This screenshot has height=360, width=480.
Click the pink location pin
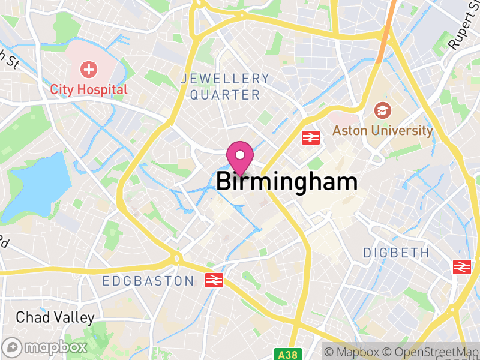pyautogui.click(x=240, y=157)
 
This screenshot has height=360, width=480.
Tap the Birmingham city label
pyautogui.click(x=287, y=181)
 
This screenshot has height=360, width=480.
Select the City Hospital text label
pyautogui.click(x=89, y=90)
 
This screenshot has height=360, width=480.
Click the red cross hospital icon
pyautogui.click(x=89, y=70)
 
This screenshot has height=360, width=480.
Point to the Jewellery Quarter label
pyautogui.click(x=225, y=86)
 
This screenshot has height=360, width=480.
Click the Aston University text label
pyautogui.click(x=382, y=130)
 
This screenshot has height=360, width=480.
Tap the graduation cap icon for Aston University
pyautogui.click(x=381, y=110)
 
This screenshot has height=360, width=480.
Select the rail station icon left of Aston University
pyautogui.click(x=310, y=138)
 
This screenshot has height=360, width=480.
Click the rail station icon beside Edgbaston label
pyautogui.click(x=214, y=280)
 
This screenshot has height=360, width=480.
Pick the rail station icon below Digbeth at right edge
pyautogui.click(x=462, y=266)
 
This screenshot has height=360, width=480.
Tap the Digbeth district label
pyautogui.click(x=396, y=253)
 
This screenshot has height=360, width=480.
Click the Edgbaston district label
pyautogui.click(x=148, y=281)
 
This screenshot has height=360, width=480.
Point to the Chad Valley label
pyautogui.click(x=55, y=317)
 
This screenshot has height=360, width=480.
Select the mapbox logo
pyautogui.click(x=45, y=347)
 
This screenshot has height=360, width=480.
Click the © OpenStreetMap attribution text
pyautogui.click(x=430, y=352)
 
